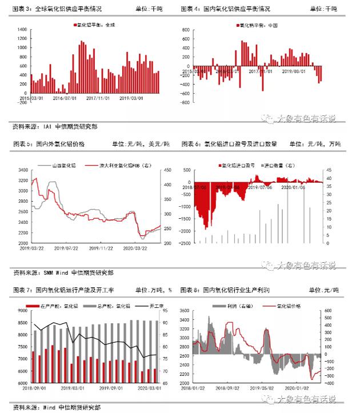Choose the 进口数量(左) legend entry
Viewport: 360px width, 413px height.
click(x=279, y=165)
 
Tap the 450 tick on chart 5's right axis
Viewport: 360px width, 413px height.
click(x=167, y=170)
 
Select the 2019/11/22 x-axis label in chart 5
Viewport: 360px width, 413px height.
click(x=101, y=248)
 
